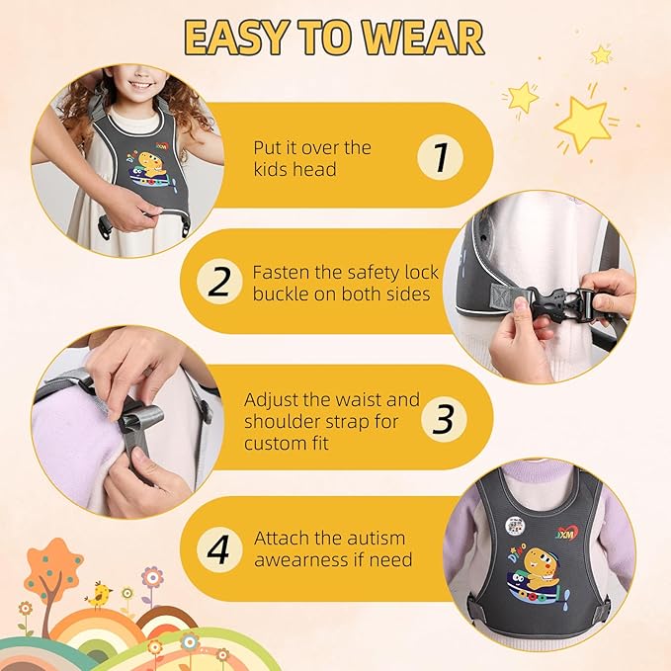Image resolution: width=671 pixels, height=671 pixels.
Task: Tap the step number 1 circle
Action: [x=437, y=157]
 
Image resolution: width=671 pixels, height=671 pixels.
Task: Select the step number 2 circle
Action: [x=218, y=282]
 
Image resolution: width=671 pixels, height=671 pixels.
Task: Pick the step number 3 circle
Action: [x=444, y=419]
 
